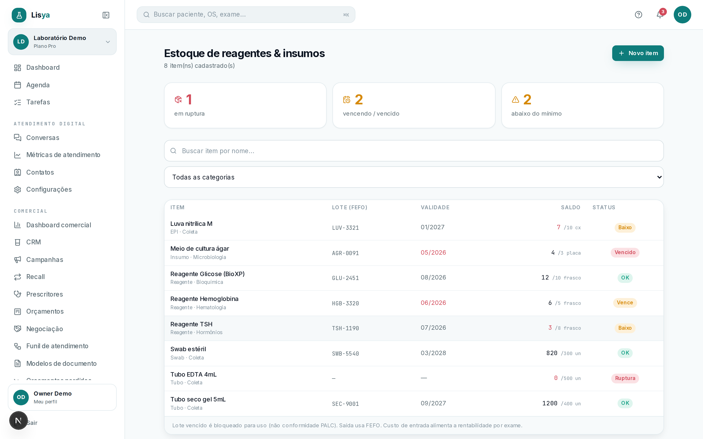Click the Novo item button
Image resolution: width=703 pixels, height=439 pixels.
tap(638, 53)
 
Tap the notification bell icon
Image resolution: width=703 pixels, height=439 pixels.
tap(660, 15)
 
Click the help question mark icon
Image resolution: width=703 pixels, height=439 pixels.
tap(638, 15)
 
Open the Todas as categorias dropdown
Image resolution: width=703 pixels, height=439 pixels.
tap(414, 177)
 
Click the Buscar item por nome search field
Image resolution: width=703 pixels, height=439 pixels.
tap(414, 151)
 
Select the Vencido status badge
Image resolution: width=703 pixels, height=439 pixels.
tap(625, 252)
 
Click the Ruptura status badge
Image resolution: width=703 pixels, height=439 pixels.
tap(625, 378)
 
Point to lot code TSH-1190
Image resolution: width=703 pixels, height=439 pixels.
tap(345, 328)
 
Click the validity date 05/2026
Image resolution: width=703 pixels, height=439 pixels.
tap(433, 252)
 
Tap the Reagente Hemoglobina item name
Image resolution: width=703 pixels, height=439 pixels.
tap(204, 299)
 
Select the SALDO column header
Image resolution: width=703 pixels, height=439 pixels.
tap(570, 207)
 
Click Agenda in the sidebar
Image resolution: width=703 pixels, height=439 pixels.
tap(38, 85)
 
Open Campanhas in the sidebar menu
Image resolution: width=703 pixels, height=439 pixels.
tap(44, 259)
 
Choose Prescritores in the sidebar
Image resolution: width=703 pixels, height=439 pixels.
tap(44, 294)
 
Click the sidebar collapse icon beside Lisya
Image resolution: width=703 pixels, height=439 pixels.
tap(106, 15)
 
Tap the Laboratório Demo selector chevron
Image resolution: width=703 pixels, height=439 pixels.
tap(108, 42)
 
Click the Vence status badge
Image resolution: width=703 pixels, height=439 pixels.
tap(625, 302)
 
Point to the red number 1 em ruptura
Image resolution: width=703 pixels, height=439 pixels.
tap(189, 100)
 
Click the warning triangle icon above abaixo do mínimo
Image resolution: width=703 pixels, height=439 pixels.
tap(515, 100)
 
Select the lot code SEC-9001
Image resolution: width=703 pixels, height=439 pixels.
tap(345, 404)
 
